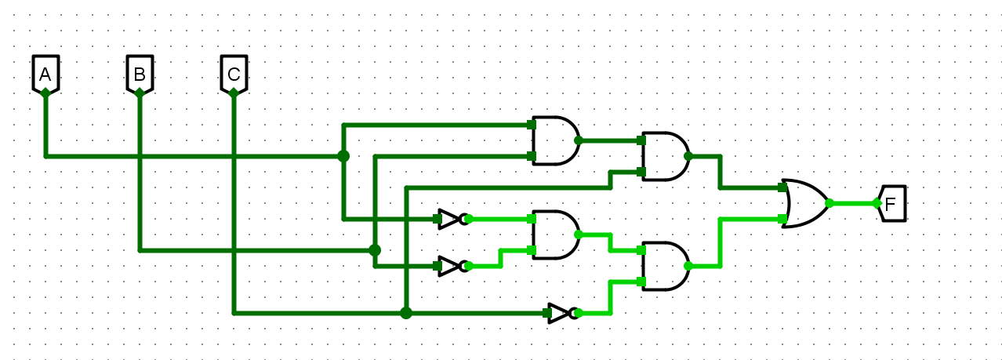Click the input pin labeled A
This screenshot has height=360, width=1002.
(45, 75)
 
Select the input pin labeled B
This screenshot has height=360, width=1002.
(140, 75)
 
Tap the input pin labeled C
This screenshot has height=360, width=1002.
(234, 75)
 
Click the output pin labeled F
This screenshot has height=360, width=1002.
(893, 204)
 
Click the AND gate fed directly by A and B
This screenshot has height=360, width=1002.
(555, 141)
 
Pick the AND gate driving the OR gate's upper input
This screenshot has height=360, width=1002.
(665, 157)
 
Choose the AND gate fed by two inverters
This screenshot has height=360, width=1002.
(555, 235)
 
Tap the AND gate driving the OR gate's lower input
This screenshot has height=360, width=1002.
(665, 266)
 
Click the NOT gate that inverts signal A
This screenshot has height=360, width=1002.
(451, 219)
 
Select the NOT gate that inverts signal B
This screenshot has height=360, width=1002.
(451, 266)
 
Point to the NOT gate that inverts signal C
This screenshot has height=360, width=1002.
(561, 313)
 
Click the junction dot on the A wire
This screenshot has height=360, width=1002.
(343, 156)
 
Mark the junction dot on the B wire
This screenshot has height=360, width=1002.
(375, 250)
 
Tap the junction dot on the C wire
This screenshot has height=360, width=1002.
(406, 313)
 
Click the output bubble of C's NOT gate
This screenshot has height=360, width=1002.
(578, 313)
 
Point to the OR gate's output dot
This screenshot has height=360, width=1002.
(830, 203)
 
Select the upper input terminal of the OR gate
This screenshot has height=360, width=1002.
(783, 188)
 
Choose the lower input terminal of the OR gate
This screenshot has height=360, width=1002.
(783, 220)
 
